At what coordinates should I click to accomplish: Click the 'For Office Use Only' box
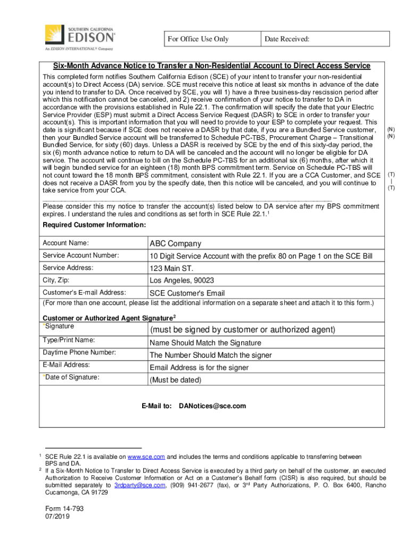tap(198, 39)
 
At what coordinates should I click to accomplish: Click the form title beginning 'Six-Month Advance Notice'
tap(211, 66)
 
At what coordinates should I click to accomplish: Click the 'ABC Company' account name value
tap(175, 244)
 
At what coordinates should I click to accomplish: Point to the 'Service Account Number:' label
tap(80, 256)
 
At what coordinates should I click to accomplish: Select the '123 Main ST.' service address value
tap(171, 269)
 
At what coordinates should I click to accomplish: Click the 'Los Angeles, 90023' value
tap(182, 281)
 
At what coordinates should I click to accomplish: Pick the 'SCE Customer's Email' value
tap(187, 293)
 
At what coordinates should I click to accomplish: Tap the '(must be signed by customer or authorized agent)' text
tap(242, 330)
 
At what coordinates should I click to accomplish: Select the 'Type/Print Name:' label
tap(69, 340)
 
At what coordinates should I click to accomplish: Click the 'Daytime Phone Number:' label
tap(79, 353)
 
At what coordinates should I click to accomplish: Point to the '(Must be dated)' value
tap(175, 380)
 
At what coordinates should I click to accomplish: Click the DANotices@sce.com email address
tap(212, 406)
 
